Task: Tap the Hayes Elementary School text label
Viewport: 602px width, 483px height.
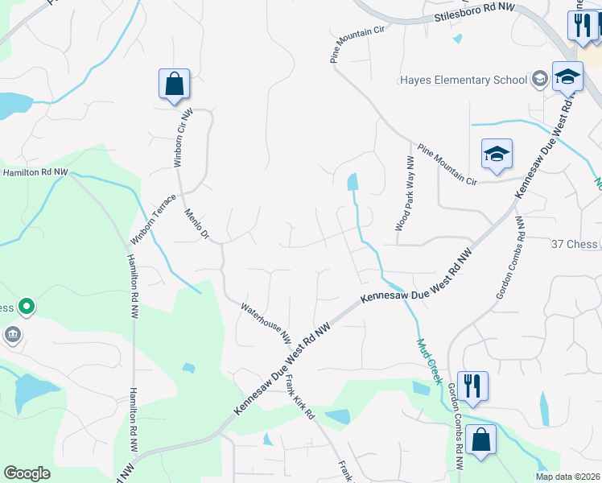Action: (x=463, y=80)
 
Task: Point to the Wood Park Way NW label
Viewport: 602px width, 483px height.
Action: (x=400, y=195)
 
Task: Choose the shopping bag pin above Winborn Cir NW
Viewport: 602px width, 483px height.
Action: (x=174, y=85)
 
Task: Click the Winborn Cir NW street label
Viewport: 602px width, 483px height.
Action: (x=182, y=138)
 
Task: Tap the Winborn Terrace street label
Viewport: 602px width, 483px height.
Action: (x=153, y=219)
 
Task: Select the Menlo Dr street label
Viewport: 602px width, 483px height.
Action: (x=196, y=225)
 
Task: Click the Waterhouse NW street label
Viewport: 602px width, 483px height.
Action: (x=265, y=321)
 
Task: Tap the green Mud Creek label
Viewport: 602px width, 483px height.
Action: (x=429, y=361)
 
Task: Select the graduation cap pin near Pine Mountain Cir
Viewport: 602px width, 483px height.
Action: (x=497, y=154)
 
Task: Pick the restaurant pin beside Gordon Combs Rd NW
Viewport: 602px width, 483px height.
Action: (x=472, y=386)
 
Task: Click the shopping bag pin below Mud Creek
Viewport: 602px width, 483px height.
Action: (x=480, y=441)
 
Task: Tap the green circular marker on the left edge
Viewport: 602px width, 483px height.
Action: (x=27, y=306)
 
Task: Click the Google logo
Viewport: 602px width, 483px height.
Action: (x=27, y=473)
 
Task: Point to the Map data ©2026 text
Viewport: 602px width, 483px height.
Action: (x=567, y=477)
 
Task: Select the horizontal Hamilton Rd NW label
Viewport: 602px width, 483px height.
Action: (x=34, y=172)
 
